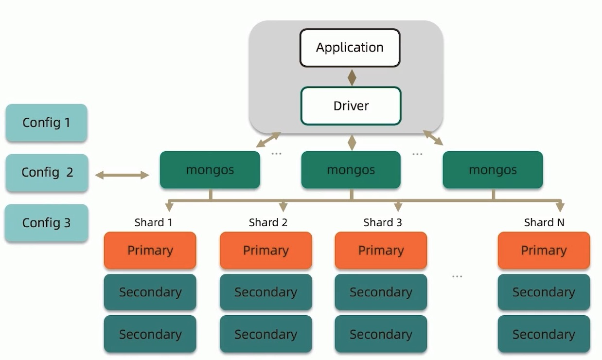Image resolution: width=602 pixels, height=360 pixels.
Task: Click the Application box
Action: tap(350, 48)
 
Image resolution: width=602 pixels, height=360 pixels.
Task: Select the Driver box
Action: tap(351, 106)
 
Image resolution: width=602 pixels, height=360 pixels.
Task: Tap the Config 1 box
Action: tap(47, 123)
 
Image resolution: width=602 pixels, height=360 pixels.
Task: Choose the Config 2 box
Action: tap(47, 172)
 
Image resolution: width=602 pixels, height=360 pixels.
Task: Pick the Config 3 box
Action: tap(47, 223)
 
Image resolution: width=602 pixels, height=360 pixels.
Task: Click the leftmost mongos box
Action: tap(210, 170)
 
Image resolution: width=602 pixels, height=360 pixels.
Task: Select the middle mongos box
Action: tap(351, 170)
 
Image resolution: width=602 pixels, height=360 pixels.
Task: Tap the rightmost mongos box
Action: tap(493, 170)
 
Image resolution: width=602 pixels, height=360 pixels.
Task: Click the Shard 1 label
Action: tap(153, 222)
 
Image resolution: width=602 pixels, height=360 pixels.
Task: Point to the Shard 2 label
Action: tap(268, 222)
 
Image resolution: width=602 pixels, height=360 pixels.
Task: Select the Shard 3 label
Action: tap(382, 222)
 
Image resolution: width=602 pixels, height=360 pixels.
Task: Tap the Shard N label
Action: tap(544, 222)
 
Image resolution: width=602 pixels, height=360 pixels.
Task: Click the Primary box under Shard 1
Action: tap(150, 251)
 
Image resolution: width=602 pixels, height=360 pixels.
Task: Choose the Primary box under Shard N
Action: tap(544, 251)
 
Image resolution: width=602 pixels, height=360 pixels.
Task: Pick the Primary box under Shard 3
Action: tap(381, 251)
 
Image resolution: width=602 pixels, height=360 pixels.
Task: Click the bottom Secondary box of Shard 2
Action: tap(266, 334)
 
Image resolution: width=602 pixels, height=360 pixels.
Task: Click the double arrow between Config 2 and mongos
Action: tap(122, 175)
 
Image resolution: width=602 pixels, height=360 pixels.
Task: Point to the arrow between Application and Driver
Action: tap(352, 78)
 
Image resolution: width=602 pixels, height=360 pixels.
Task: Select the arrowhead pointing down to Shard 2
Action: tap(283, 207)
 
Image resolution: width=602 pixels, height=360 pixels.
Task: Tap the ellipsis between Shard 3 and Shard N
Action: tap(457, 276)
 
